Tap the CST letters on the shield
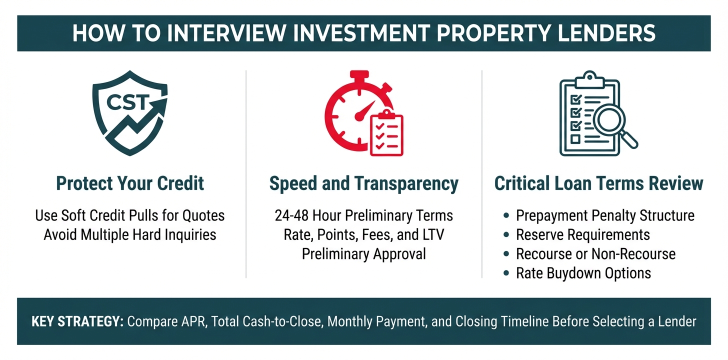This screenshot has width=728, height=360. [x=127, y=102]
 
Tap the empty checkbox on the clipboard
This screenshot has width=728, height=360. [x=575, y=139]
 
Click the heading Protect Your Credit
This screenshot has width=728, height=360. [x=130, y=183]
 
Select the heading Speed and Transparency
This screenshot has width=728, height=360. [x=363, y=183]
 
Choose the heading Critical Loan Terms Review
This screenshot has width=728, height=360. [x=598, y=183]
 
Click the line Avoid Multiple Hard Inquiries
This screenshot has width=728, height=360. [x=130, y=234]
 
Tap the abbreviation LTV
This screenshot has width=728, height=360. [x=433, y=234]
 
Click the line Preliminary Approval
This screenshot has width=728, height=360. [x=363, y=254]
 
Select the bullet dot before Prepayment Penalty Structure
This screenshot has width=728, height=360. [x=506, y=215]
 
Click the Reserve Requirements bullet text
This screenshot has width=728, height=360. [x=582, y=234]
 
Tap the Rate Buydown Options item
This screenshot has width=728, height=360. [x=583, y=273]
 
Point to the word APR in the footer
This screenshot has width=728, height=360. [x=194, y=321]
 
